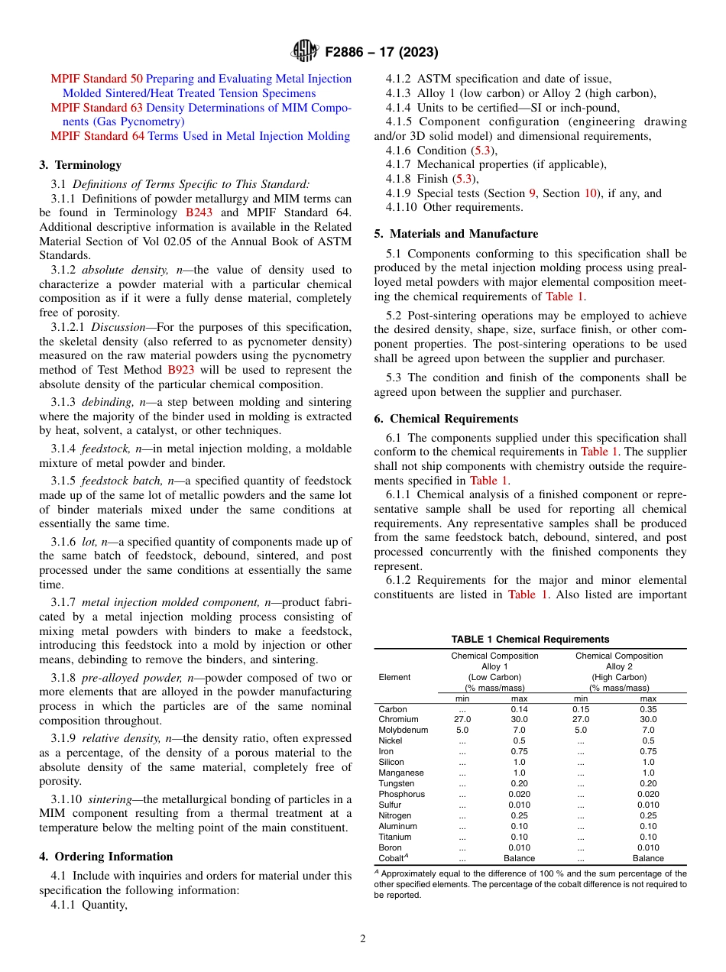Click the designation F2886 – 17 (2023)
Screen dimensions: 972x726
(x=381, y=52)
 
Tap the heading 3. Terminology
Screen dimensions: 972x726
(x=80, y=164)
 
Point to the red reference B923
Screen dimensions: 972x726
(x=181, y=370)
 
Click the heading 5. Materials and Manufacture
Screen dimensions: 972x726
(x=456, y=234)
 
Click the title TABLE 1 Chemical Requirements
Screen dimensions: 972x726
(x=530, y=640)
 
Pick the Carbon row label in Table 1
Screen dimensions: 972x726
(x=393, y=709)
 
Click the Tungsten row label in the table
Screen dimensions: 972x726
(x=397, y=783)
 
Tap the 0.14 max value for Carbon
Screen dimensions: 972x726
(x=519, y=709)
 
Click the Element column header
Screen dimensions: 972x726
(x=394, y=677)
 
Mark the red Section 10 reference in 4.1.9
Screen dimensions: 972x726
(x=591, y=193)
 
